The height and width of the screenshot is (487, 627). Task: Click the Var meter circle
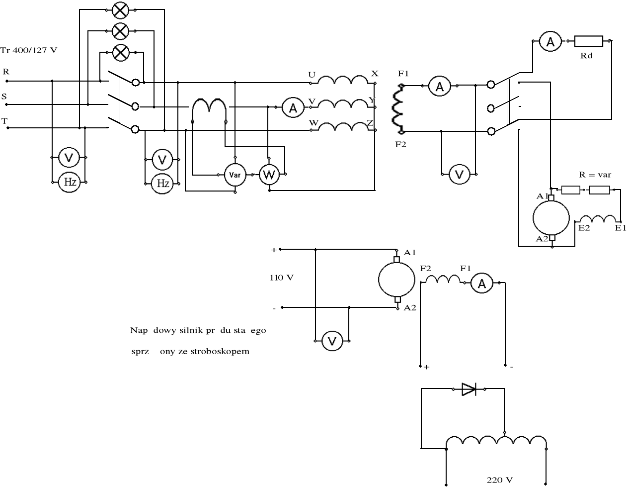pos(235,175)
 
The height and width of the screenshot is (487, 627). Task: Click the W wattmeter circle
pos(269,175)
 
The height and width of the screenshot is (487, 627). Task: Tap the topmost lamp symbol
pos(119,10)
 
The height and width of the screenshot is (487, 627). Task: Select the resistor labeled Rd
pos(588,41)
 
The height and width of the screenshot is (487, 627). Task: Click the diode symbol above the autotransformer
pos(469,389)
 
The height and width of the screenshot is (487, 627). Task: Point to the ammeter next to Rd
pos(550,42)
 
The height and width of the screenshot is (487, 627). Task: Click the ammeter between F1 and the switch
pos(440,86)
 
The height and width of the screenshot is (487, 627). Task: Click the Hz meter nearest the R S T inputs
pos(69,182)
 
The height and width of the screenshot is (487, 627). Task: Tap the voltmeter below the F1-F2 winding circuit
pos(459,175)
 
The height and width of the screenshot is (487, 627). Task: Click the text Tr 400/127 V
pos(29,50)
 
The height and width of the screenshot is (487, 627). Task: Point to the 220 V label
pos(499,480)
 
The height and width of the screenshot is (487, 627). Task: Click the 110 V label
pos(282,278)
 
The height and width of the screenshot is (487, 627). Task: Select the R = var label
pos(595,175)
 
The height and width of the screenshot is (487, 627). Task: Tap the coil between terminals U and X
pos(342,80)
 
